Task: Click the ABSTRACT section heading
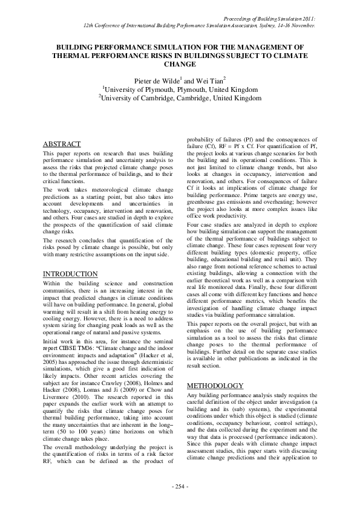[x=61, y=144]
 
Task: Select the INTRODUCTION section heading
[x=70, y=274]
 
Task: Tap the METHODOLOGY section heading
[x=215, y=385]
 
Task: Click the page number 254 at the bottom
[x=180, y=487]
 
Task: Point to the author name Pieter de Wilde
[x=160, y=80]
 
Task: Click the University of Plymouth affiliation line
[x=180, y=90]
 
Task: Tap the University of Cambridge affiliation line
[x=180, y=99]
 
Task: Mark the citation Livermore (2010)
[x=67, y=398]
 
